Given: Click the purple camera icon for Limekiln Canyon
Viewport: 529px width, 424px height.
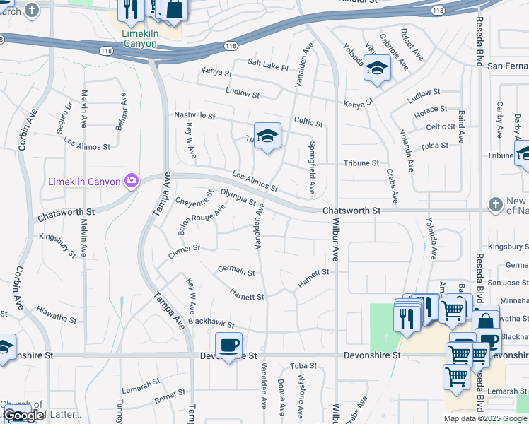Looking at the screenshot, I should pyautogui.click(x=131, y=182).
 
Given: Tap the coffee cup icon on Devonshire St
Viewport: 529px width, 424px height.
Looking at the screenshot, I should pyautogui.click(x=228, y=346).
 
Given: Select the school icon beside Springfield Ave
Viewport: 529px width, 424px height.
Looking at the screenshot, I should pyautogui.click(x=267, y=136).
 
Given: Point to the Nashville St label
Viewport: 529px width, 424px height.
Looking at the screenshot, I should pyautogui.click(x=194, y=115).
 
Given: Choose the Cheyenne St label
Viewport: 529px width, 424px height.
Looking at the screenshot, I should pyautogui.click(x=194, y=199).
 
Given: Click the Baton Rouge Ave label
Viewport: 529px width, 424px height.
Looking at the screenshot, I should pyautogui.click(x=201, y=220).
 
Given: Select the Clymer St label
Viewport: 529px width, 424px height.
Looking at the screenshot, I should pyautogui.click(x=185, y=248).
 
